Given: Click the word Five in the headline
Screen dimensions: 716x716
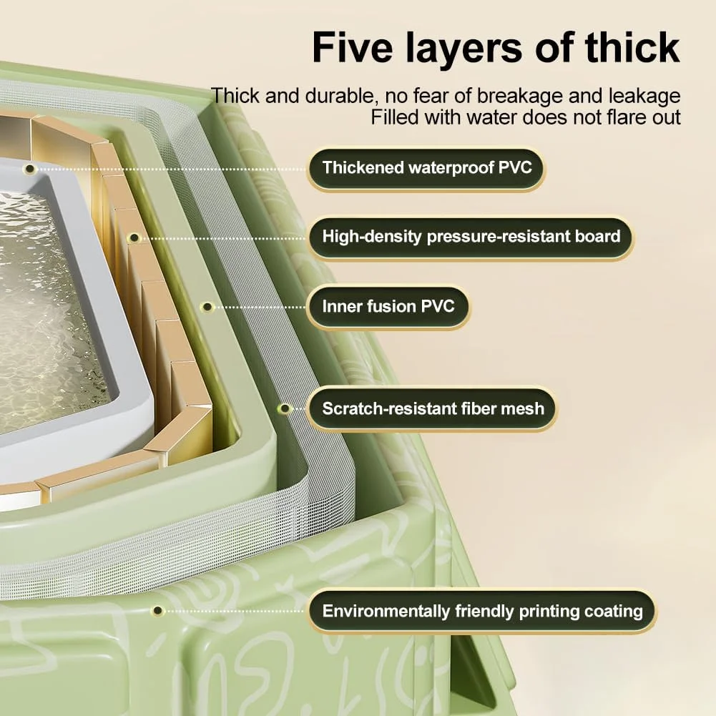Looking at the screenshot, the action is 353,48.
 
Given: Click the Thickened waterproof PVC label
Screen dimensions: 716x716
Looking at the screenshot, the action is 426,168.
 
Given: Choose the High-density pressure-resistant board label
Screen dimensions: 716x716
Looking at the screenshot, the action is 471,237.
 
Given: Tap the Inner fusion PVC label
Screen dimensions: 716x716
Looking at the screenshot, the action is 388,306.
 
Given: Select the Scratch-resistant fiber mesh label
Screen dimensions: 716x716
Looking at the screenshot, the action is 433,408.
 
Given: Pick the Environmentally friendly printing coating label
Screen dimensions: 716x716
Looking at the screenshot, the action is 482,611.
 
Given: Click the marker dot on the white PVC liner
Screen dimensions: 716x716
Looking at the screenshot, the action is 30,169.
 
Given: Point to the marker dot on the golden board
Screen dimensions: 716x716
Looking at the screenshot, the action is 134,238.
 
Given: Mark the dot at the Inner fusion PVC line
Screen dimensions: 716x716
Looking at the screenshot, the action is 207,307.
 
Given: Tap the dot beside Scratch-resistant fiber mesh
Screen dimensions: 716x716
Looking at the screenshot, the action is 285,408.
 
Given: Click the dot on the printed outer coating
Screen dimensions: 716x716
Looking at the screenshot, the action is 157,611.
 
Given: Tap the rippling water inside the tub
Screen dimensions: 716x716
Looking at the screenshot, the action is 46,310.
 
